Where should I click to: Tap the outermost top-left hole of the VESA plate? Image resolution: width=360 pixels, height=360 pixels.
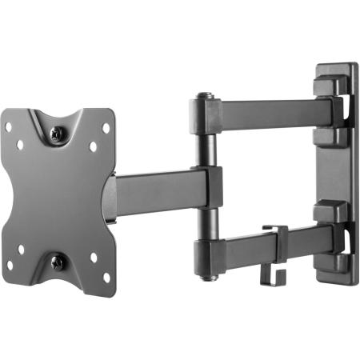pos(9,127)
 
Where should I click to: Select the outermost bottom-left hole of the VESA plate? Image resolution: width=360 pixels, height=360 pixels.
pos(10,266)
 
